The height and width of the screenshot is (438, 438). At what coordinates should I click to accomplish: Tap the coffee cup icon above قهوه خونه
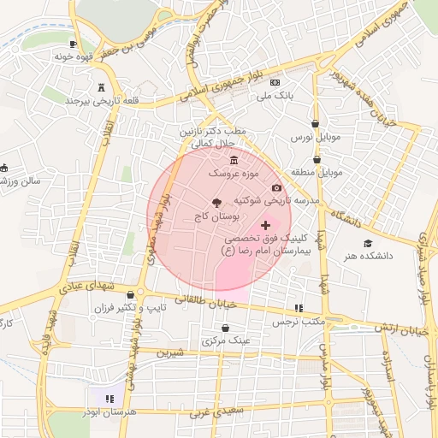point(74,43)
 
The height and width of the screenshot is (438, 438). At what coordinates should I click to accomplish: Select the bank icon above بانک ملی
point(275,83)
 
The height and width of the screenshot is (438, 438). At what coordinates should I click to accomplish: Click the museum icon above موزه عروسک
point(234,160)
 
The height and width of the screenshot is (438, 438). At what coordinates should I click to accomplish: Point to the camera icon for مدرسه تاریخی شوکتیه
point(276,187)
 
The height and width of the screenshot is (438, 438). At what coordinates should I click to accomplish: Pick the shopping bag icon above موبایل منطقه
point(317,158)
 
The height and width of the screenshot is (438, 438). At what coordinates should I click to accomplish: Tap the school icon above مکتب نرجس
point(298,307)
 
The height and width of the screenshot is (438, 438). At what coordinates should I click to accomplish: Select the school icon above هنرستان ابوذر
point(109,398)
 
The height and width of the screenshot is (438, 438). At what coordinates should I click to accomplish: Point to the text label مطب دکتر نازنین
point(212,133)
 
